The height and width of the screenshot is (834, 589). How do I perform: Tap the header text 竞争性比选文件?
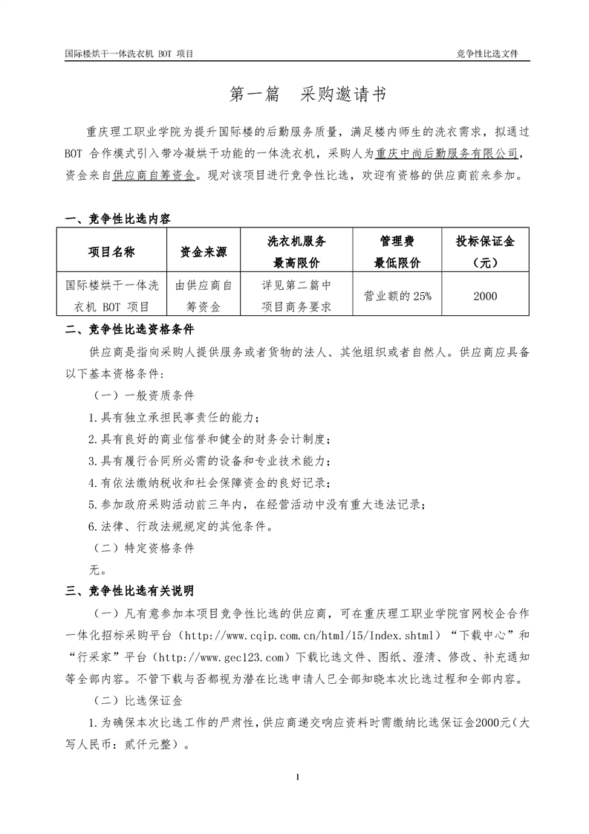[x=487, y=55]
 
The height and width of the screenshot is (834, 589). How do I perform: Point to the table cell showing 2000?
[x=484, y=295]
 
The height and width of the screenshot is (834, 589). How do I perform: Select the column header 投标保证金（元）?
[x=484, y=252]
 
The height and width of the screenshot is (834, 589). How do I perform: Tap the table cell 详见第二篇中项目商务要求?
[x=296, y=295]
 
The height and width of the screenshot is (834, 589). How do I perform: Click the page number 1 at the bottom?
[x=296, y=778]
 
